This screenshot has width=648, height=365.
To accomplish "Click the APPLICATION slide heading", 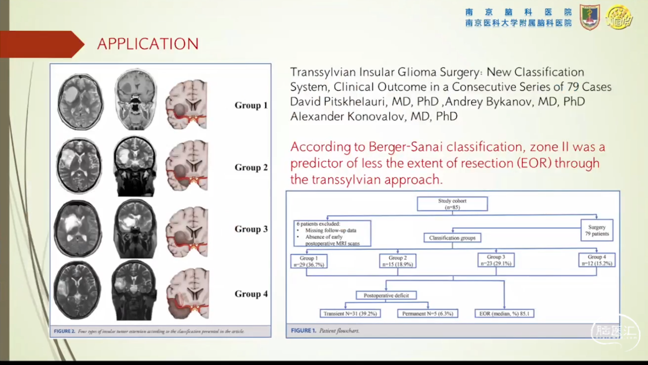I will click(x=148, y=44).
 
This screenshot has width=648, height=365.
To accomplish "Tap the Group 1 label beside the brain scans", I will click(x=251, y=105).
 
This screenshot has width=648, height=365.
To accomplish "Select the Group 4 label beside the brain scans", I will click(x=251, y=294).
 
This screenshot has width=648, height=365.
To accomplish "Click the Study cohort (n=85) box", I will click(x=452, y=204).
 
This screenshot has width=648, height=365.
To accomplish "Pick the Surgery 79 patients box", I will click(x=597, y=231).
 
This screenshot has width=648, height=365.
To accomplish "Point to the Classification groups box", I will click(x=452, y=238).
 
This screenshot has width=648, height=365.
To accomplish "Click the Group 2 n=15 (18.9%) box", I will click(x=397, y=261).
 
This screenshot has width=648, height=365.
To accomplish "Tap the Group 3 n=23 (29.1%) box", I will click(x=496, y=260).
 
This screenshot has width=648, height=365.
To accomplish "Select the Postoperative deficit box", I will click(x=386, y=295).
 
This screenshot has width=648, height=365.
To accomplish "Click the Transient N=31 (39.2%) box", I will click(x=350, y=313).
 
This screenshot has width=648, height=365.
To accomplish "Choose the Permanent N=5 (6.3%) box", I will click(x=428, y=313).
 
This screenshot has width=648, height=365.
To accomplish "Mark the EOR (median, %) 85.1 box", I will click(x=504, y=313).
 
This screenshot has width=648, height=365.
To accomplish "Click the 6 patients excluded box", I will click(x=332, y=233).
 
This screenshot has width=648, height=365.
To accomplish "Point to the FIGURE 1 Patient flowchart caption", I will click(x=325, y=331).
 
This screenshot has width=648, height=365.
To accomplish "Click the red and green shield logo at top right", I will click(x=590, y=17).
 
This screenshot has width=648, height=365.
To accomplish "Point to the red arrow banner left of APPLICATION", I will click(x=40, y=44).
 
